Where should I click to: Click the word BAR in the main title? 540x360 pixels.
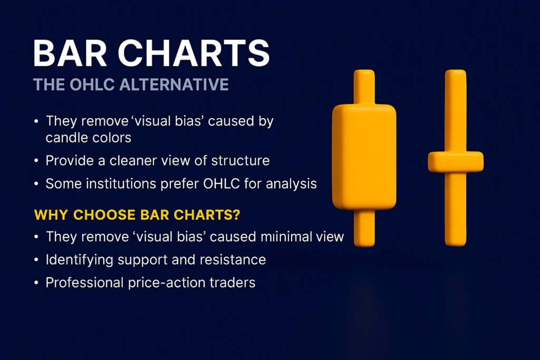coord(67,54)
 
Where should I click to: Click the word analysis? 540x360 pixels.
coord(292,184)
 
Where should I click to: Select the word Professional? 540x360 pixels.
coord(85,283)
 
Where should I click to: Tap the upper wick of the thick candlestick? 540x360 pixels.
coord(364,87)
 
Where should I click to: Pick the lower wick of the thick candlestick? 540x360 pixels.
coord(364,228)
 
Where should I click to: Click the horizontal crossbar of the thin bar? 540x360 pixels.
coord(456,161)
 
